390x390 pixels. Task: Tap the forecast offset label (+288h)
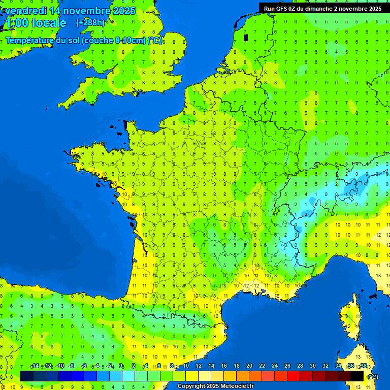90,22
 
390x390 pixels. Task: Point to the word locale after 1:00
49,23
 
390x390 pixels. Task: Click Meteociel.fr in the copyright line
237,386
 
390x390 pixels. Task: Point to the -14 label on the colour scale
35,366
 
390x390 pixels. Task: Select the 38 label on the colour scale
363,366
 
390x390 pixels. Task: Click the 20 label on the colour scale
249,366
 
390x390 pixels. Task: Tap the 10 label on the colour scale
186,366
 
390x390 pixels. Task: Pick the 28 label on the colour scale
300,366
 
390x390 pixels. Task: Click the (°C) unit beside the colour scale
373,376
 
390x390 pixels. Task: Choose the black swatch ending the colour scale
357,376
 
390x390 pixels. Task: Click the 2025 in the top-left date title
124,11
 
